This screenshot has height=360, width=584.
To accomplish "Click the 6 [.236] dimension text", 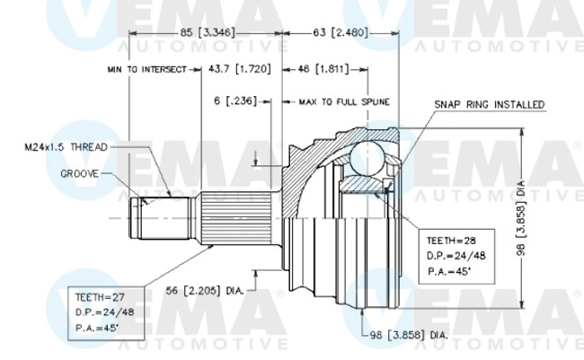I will (x=231, y=101).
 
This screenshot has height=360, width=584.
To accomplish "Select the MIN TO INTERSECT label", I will (x=146, y=68).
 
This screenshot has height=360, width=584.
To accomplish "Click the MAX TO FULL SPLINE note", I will (x=343, y=101).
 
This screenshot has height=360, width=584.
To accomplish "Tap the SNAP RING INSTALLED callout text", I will (x=490, y=105).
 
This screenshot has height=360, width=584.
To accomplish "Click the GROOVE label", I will (x=79, y=172).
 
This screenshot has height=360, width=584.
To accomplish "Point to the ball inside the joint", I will (x=368, y=159).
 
